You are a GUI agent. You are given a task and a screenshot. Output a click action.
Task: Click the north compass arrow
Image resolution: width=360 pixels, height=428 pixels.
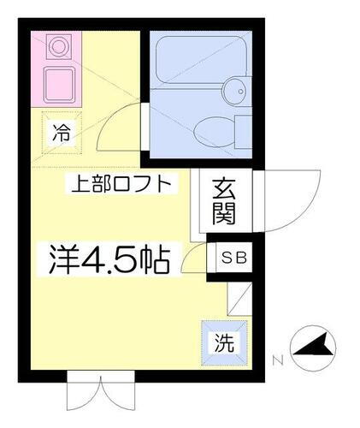coord(313,348)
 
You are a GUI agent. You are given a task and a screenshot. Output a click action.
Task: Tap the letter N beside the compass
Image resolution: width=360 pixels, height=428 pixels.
coord(277,360)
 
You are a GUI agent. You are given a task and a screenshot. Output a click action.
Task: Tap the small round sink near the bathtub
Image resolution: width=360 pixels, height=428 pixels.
coord(235,89)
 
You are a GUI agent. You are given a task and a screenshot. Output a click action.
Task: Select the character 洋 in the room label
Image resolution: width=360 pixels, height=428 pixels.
coord(53,257)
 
